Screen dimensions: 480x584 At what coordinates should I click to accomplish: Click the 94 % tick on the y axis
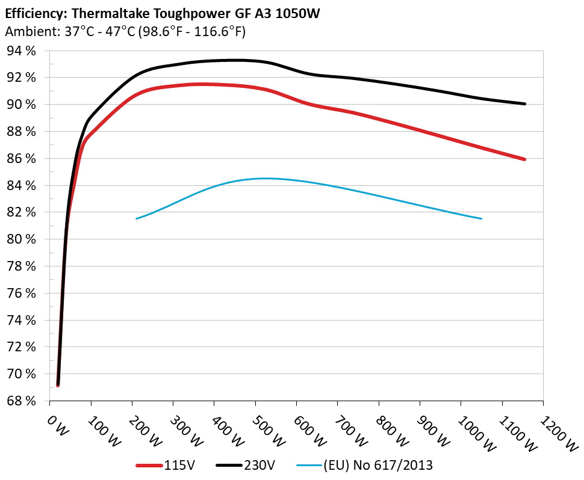coord(22,51)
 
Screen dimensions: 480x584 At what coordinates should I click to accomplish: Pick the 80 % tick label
coord(22,239)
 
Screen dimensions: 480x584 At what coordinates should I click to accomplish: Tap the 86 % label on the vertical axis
coord(22,159)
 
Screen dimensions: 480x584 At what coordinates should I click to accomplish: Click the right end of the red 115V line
coord(524,159)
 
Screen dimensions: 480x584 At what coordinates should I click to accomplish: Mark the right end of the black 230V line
coord(524,104)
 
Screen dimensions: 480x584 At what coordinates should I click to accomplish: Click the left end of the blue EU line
coord(137,218)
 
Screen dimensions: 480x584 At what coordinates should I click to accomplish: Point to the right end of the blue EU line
coord(482,218)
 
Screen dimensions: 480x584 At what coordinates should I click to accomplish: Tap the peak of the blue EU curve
coord(265,178)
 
